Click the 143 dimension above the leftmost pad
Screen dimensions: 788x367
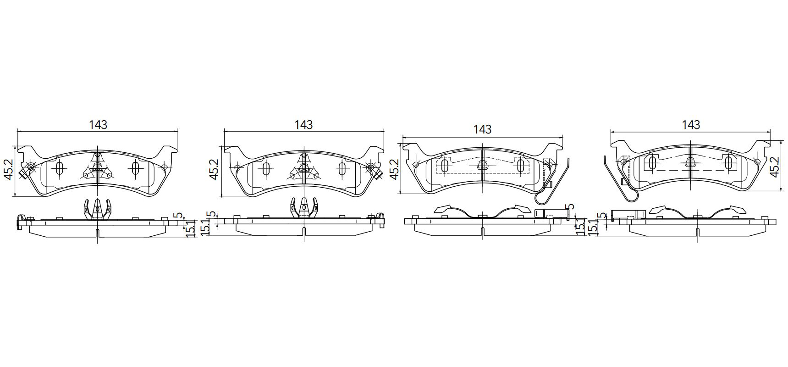(x=98, y=124)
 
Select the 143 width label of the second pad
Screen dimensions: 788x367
(x=303, y=124)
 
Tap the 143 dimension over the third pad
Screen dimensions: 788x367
(x=482, y=129)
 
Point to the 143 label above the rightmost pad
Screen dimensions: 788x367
(x=691, y=124)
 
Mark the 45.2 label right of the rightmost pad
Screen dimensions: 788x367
(x=774, y=167)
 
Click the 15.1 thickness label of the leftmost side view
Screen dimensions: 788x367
(x=192, y=228)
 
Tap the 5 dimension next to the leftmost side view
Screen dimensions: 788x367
(x=179, y=214)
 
